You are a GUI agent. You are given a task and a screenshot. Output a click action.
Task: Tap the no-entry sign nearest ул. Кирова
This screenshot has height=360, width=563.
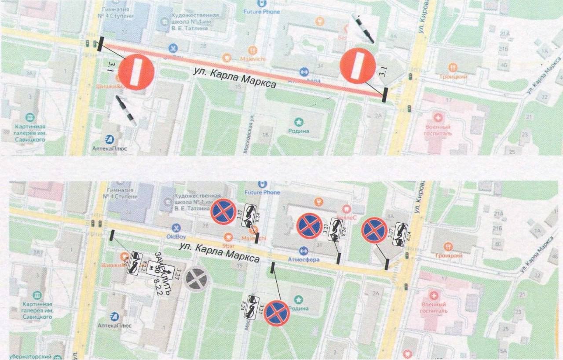[x=358, y=65]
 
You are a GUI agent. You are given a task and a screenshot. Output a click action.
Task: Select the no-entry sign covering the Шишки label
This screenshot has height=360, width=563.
[x=136, y=73]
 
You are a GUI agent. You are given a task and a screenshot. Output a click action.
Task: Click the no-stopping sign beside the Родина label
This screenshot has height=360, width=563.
[x=277, y=313]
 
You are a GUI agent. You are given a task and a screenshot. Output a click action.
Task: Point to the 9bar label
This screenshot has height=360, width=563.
[x=228, y=247]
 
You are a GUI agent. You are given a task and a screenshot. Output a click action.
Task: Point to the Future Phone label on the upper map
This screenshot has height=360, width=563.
[x=262, y=11]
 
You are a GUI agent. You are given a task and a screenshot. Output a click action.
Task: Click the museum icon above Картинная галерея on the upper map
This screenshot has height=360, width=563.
[x=29, y=117]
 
